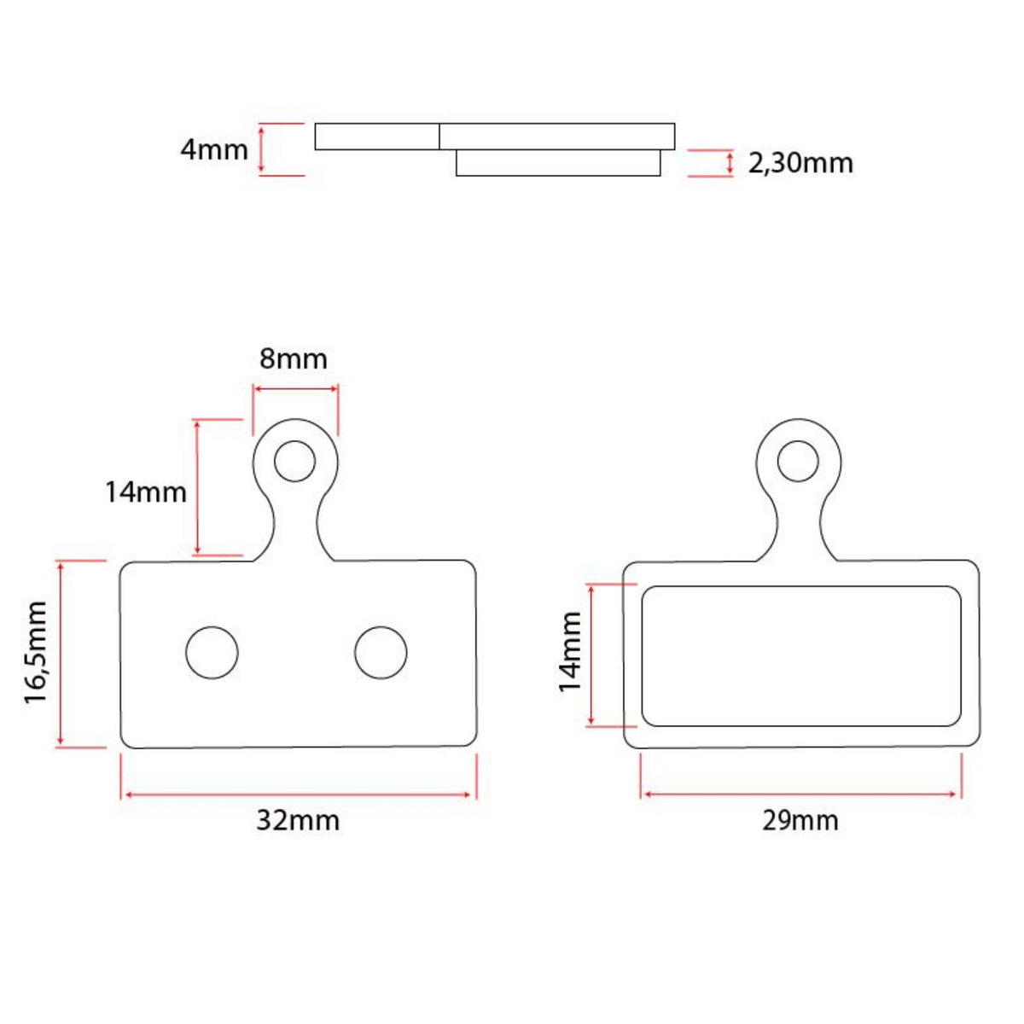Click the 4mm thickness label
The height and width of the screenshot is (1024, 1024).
[214, 150]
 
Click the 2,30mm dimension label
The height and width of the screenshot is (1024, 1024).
[800, 163]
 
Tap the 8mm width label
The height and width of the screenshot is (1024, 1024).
[294, 359]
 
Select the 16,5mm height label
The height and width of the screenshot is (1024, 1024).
[36, 653]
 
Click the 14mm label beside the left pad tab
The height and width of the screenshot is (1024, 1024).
[146, 492]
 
